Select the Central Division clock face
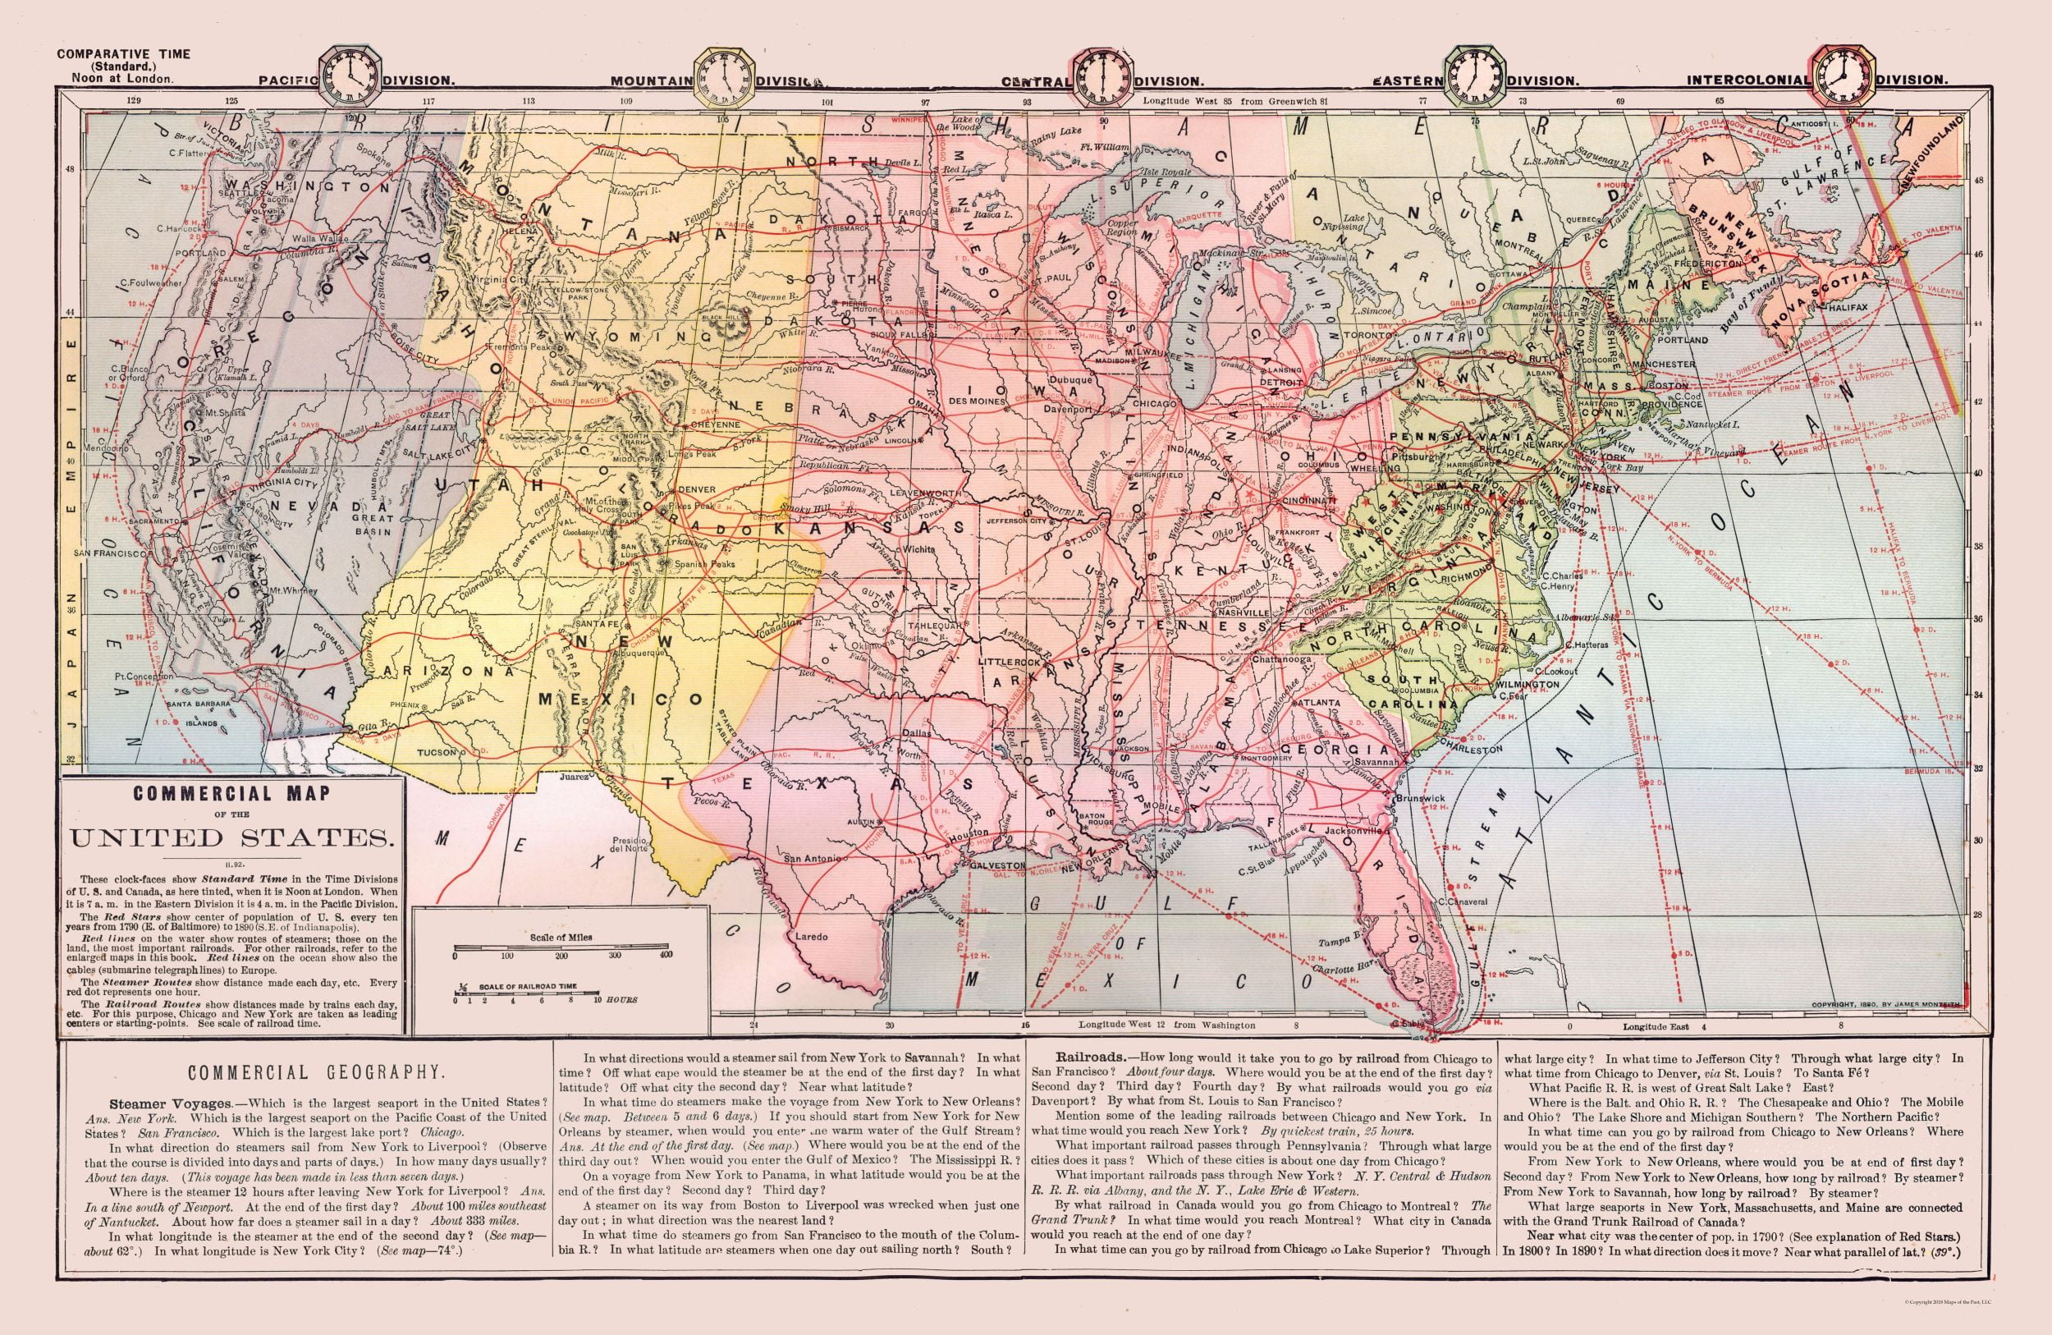coord(1101,76)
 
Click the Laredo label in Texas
coord(811,936)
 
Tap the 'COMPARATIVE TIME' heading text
coord(124,53)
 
